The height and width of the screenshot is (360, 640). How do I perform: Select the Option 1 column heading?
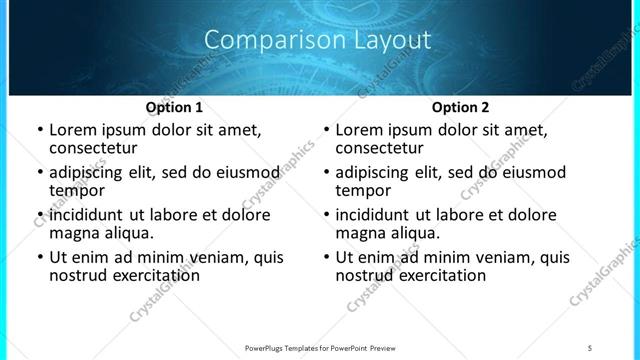174,107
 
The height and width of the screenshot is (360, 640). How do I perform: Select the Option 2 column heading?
460,107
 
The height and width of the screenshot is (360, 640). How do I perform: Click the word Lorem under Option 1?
72,130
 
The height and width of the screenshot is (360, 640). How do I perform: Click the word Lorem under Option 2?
358,130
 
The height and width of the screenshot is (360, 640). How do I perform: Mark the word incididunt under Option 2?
382,215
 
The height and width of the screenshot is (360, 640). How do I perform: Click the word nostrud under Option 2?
366,275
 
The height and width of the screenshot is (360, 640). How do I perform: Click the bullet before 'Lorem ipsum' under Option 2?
325,131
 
